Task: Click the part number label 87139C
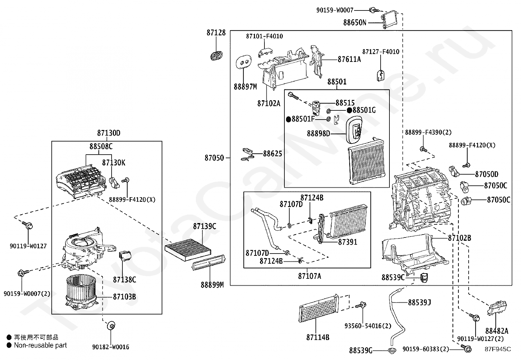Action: click(x=205, y=226)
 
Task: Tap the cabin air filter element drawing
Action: click(x=188, y=250)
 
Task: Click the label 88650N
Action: click(x=355, y=23)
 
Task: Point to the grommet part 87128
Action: click(x=216, y=56)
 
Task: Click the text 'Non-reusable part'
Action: click(x=40, y=345)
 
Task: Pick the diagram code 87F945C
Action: click(x=498, y=349)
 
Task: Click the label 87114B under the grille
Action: click(x=318, y=337)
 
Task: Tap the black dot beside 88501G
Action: click(x=349, y=110)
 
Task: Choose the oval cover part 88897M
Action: click(x=243, y=62)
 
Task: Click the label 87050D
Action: click(x=487, y=174)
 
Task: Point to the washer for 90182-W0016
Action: click(x=111, y=326)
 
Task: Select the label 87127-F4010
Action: click(x=381, y=52)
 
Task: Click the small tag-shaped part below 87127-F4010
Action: click(x=381, y=75)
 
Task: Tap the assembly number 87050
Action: click(x=214, y=158)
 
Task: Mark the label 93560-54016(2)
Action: click(x=368, y=326)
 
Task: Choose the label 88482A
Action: click(x=497, y=331)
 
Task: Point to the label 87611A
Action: click(x=349, y=59)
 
